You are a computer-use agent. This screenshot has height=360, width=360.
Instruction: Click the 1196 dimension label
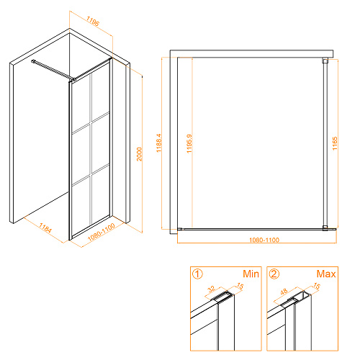pos(93,21)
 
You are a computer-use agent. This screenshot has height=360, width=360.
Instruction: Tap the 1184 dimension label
pos(45,228)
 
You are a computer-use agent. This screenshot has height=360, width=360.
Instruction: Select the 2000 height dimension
pos(140,154)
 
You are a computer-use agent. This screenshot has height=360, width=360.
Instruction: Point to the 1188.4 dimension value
pos(159,143)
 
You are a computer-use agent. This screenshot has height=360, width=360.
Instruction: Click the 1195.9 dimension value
pos(189,143)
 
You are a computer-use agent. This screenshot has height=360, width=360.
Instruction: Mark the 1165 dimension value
pos(335,143)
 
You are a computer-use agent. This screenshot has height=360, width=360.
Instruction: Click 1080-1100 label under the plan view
pos(264,240)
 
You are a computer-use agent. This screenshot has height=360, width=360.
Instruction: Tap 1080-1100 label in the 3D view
pos(102,233)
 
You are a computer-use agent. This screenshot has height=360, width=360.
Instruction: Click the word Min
pos(251,274)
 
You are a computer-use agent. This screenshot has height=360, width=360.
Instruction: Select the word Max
pos(326,274)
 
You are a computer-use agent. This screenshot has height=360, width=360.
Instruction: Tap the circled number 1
pos(197,274)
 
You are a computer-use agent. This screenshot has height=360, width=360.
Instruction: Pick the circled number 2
pos(274,274)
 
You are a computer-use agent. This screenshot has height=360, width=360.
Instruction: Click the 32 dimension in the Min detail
pos(212,289)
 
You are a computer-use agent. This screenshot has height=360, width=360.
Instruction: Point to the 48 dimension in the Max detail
pos(284,292)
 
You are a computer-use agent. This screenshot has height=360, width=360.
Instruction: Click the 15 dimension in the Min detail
pos(240,286)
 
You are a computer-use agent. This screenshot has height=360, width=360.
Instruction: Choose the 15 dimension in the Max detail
pos(317,286)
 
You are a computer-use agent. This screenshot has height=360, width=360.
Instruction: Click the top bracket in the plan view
pos(325,60)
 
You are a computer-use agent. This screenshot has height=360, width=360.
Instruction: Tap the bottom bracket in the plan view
pos(325,228)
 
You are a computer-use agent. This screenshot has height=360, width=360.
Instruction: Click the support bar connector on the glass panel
pos(74,79)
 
